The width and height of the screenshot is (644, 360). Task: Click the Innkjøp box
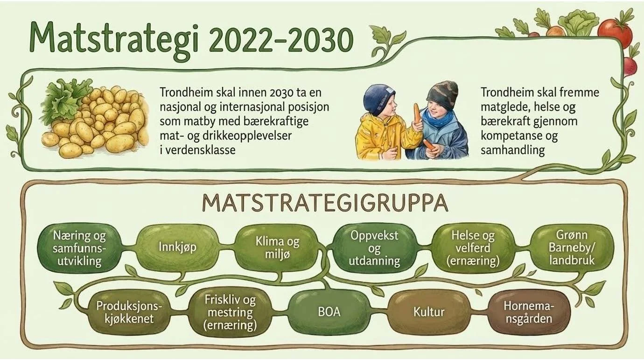(x=177, y=247)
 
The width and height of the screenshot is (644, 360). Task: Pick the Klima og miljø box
(x=277, y=247)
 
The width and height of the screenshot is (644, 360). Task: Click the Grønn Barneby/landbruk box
(x=572, y=247)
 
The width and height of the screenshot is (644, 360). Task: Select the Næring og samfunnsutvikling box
(x=78, y=247)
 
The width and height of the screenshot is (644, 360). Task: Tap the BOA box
(x=329, y=311)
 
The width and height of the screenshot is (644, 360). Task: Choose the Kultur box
(x=429, y=311)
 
